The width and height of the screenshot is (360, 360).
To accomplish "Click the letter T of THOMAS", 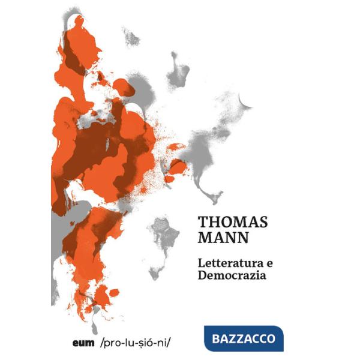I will tap(203, 221).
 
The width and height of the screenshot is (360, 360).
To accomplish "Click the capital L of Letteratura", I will tap(202, 263).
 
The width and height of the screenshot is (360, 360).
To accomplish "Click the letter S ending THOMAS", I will tap(262, 221).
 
